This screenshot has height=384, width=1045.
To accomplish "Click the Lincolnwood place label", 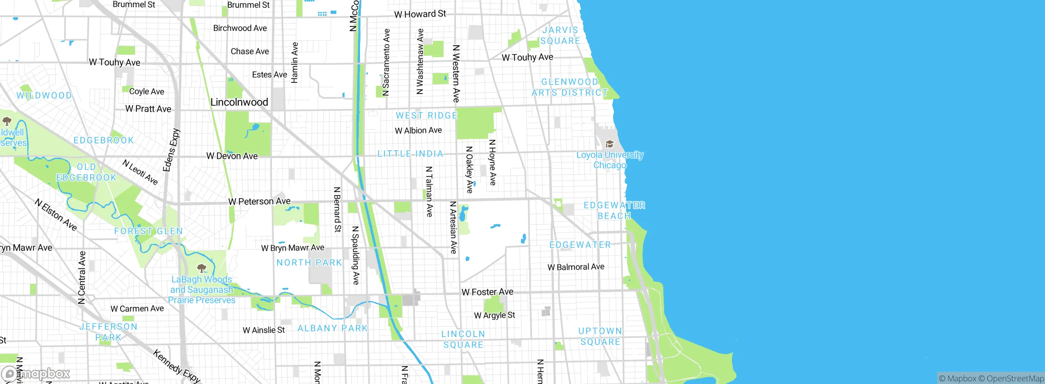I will click(x=239, y=102).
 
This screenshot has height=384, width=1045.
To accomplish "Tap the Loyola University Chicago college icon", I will click(x=609, y=144).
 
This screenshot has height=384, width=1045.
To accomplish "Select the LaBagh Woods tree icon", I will click(x=201, y=268).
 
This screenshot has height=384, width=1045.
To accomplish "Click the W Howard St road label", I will click(x=420, y=14).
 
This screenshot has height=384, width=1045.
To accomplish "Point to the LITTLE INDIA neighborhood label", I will click(x=410, y=154).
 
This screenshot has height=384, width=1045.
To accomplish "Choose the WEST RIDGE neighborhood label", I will click(x=427, y=116).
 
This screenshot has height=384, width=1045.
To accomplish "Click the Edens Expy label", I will click(x=171, y=150).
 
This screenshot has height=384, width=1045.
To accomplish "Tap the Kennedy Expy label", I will click(x=176, y=366).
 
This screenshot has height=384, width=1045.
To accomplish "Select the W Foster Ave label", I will click(x=487, y=292).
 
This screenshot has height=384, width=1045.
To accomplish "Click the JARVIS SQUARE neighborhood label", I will click(x=560, y=36).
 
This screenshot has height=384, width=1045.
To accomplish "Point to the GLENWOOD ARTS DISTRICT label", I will click(x=569, y=87).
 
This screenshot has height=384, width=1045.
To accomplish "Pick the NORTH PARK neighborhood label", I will click(x=309, y=263).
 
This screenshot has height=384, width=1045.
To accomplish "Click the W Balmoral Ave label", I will click(x=576, y=267).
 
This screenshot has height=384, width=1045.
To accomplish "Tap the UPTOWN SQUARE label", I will click(x=600, y=336).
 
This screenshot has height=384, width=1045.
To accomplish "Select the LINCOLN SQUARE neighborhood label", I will click(x=463, y=339).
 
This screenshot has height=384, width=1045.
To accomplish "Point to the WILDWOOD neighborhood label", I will click(x=44, y=96).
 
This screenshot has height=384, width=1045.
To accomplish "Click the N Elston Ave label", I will click(x=56, y=215).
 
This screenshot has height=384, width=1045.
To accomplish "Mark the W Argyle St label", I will click(x=494, y=315).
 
